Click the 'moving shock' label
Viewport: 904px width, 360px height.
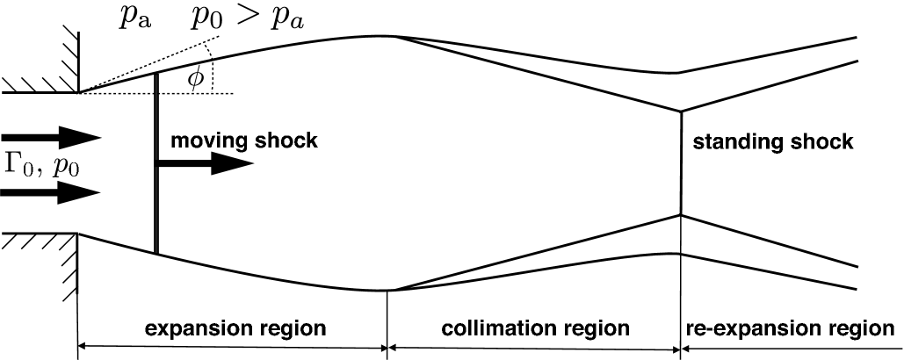[x=243, y=140]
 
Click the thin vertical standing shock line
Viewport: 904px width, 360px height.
[x=681, y=163]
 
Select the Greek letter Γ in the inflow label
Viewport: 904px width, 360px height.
[x=12, y=164]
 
